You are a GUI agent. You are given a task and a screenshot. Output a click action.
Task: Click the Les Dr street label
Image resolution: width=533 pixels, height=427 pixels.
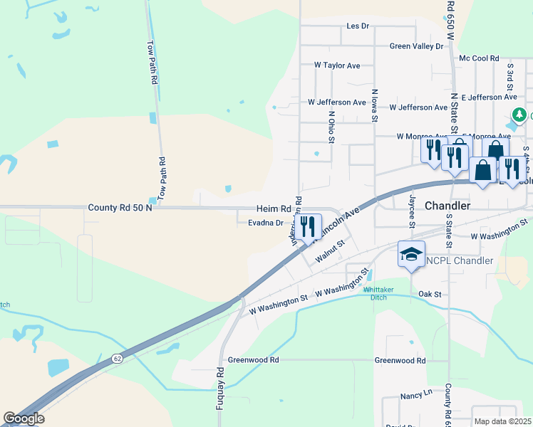click(357, 26)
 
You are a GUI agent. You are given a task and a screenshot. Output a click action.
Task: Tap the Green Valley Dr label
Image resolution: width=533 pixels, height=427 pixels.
click(416, 46)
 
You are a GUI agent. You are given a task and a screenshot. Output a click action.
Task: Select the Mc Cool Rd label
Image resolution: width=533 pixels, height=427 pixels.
click(479, 58)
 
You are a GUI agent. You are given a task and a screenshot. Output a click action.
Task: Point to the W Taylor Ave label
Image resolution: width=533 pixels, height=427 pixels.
click(337, 65)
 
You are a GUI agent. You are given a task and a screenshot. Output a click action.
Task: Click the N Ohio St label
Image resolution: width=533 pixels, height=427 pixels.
click(331, 126)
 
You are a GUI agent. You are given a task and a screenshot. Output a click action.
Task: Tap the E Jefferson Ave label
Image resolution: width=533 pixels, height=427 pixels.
click(489, 97)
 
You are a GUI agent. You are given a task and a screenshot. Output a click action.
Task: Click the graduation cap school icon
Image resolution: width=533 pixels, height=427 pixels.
click(411, 254)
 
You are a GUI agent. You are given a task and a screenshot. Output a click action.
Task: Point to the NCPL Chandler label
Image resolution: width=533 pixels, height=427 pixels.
click(460, 260)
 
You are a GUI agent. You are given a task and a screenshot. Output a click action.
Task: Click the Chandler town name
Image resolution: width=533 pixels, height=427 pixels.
click(447, 205)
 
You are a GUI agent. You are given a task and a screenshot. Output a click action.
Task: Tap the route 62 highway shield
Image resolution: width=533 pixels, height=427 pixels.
click(116, 360)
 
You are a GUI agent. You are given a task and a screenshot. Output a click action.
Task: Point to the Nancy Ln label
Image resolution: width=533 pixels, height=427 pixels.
click(417, 393)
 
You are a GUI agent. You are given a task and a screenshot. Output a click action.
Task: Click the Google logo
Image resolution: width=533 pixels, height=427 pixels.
click(23, 418)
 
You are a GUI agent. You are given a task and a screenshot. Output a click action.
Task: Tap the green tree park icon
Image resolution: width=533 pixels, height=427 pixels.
click(520, 115)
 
